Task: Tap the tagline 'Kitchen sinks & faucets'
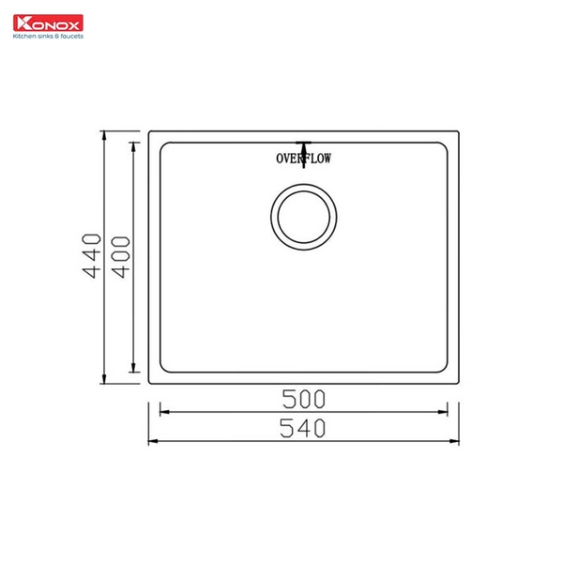(x=47, y=37)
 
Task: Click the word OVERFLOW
(x=304, y=158)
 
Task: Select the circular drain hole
(x=302, y=216)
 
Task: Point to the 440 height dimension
(x=91, y=254)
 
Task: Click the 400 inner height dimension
(x=118, y=254)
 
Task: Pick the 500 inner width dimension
(x=303, y=398)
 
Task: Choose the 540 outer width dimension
(x=303, y=428)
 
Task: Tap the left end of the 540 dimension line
(x=149, y=440)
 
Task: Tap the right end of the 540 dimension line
(x=459, y=440)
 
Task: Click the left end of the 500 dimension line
(x=161, y=410)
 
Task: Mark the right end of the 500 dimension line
(x=447, y=410)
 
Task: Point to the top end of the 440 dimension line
(x=105, y=132)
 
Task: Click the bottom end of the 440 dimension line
(x=105, y=383)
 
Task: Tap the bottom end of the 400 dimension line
(x=134, y=372)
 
